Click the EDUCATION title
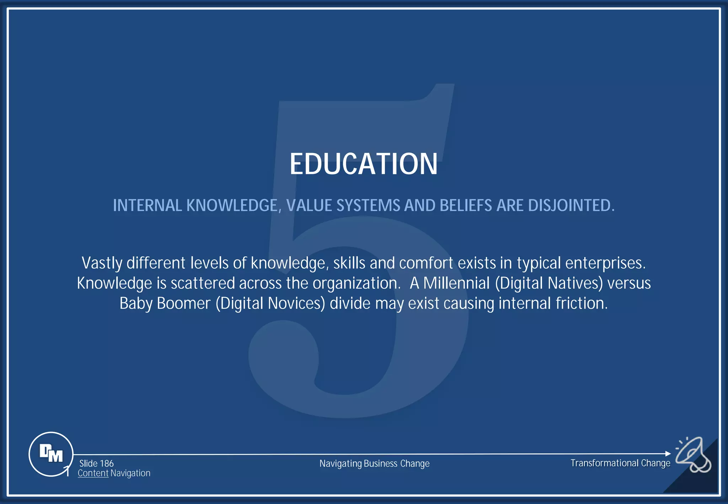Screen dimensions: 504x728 pyautogui.click(x=363, y=164)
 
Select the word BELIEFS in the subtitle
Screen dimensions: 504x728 pyautogui.click(x=466, y=205)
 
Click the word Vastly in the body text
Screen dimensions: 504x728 pyautogui.click(x=102, y=263)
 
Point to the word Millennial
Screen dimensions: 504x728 pyautogui.click(x=456, y=283)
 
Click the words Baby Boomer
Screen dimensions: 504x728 pyautogui.click(x=165, y=304)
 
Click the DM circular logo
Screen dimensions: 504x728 pyautogui.click(x=51, y=454)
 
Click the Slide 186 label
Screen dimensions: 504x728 pyautogui.click(x=96, y=463)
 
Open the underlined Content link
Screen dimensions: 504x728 pyautogui.click(x=93, y=473)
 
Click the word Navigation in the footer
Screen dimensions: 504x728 pyautogui.click(x=130, y=473)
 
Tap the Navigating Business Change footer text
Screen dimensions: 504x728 pyautogui.click(x=374, y=463)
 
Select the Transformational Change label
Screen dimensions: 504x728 pyautogui.click(x=620, y=463)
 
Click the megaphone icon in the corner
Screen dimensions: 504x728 pyautogui.click(x=693, y=455)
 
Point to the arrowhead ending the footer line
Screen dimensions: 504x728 pyautogui.click(x=668, y=454)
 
